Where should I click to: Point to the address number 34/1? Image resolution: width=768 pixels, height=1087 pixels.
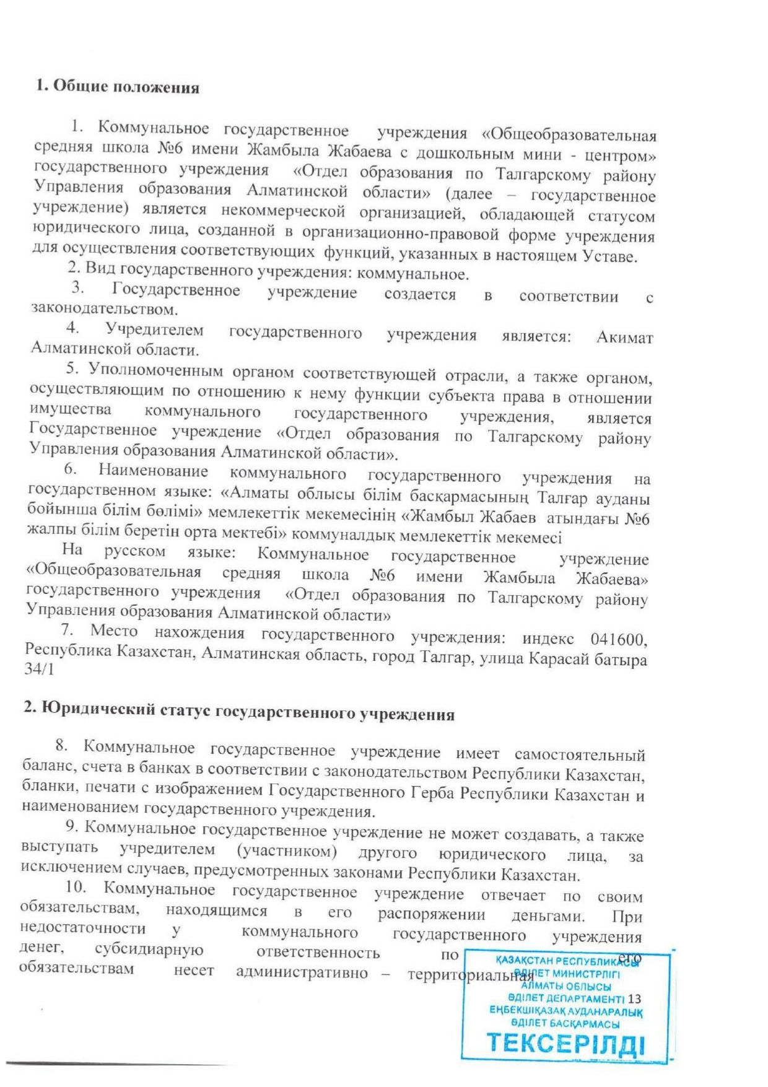click(x=39, y=669)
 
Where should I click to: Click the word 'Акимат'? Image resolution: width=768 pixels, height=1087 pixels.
click(x=624, y=338)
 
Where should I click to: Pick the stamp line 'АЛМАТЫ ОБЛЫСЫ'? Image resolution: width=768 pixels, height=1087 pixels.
click(x=566, y=986)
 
